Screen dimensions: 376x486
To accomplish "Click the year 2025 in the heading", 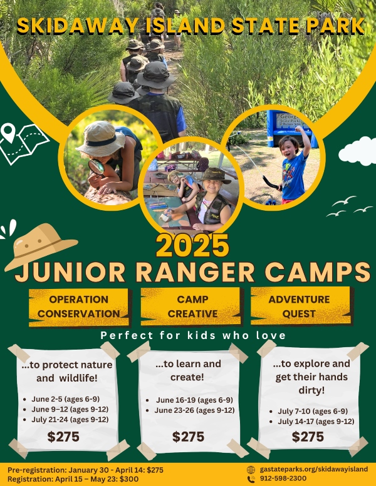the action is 193,245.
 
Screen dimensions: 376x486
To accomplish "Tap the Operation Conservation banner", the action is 79,307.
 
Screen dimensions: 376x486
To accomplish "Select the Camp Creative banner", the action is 192,306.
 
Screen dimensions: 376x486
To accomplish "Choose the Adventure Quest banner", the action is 300,306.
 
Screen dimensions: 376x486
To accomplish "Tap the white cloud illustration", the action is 358,152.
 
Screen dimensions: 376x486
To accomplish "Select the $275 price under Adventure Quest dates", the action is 308,437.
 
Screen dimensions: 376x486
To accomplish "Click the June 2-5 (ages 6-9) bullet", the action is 65,399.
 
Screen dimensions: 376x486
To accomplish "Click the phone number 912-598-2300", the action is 283,478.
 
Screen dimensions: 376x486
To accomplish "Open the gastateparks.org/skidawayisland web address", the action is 313,469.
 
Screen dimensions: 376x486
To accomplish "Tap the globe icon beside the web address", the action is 251,470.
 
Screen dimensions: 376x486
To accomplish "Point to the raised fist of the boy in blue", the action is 299,129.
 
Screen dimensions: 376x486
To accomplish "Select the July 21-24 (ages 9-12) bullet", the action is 70,420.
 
